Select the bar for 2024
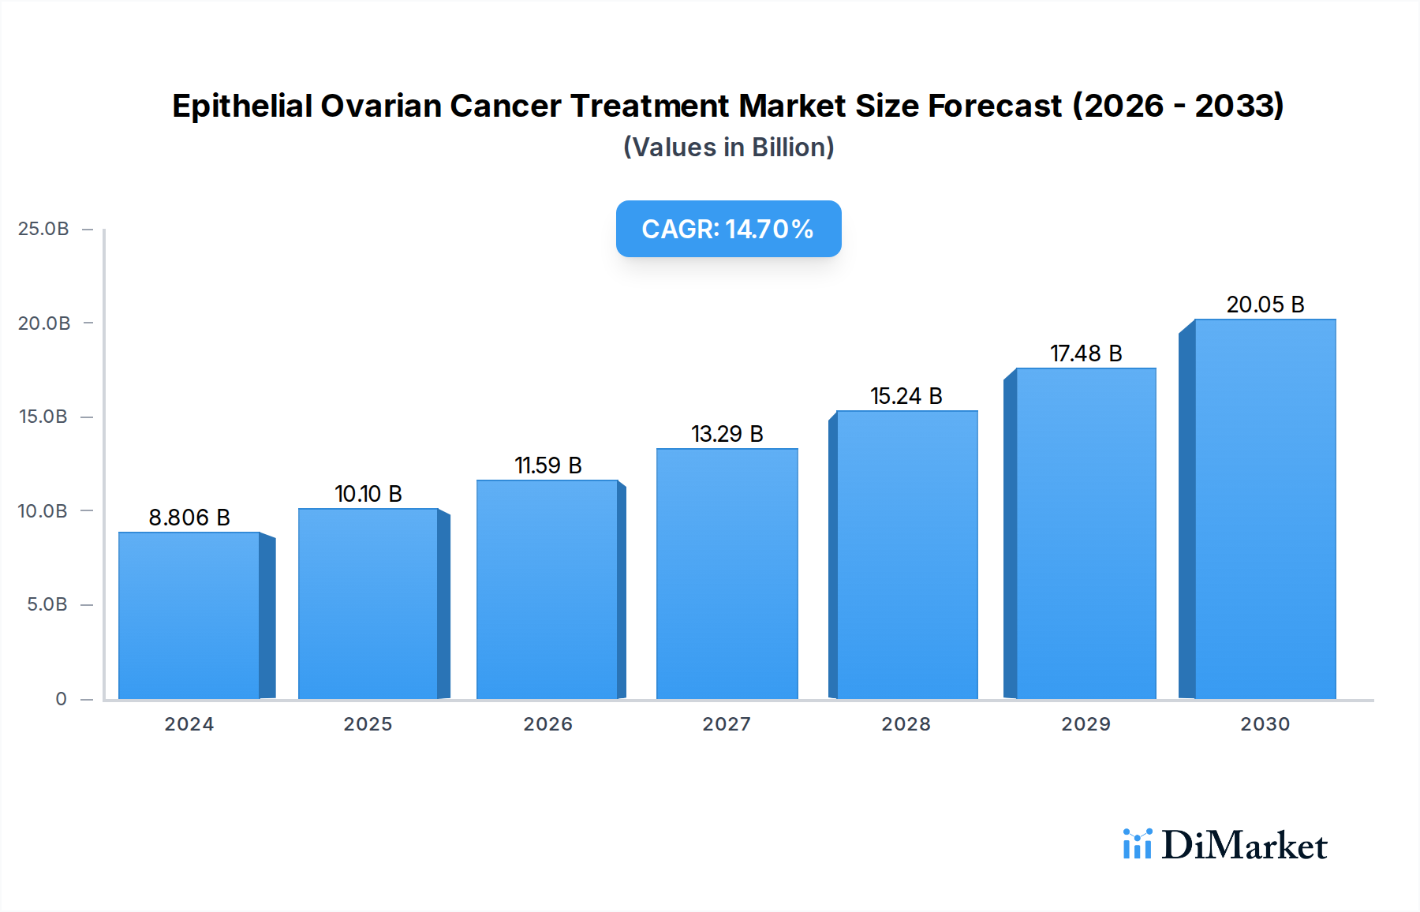pyautogui.click(x=189, y=615)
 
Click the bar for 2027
pyautogui.click(x=727, y=574)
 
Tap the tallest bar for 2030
pyautogui.click(x=1265, y=509)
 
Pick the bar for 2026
pyautogui.click(x=547, y=589)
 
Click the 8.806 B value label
pyautogui.click(x=189, y=518)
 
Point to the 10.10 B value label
pyautogui.click(x=368, y=494)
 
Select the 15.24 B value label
pyautogui.click(x=906, y=396)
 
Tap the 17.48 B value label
pyautogui.click(x=1086, y=353)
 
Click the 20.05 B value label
pyautogui.click(x=1265, y=305)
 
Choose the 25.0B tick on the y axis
pyautogui.click(x=43, y=229)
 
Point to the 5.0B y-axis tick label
pyautogui.click(x=47, y=604)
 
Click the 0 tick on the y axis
pyautogui.click(x=61, y=699)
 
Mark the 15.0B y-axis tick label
pyautogui.click(x=43, y=417)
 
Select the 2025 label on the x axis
pyautogui.click(x=368, y=724)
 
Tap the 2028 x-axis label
pyautogui.click(x=906, y=724)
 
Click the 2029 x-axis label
pyautogui.click(x=1086, y=724)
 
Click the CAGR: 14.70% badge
pyautogui.click(x=728, y=229)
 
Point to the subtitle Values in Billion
pyautogui.click(x=728, y=148)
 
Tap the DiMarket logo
pyautogui.click(x=1225, y=845)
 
